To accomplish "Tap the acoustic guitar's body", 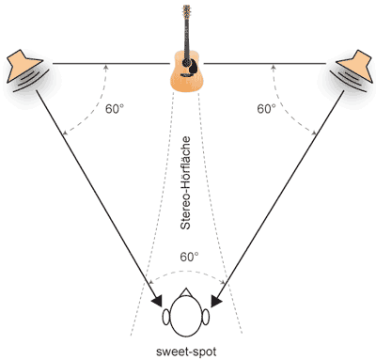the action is point(187,72).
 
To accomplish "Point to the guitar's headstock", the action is point(186,11).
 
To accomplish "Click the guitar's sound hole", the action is point(187,62).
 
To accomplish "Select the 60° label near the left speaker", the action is point(115,109).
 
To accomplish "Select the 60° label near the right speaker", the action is point(266,109).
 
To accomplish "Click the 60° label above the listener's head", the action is point(189,257).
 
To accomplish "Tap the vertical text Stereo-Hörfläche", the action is point(185,183).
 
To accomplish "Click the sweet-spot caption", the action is point(186,352).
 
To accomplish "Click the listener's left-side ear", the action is point(166,317).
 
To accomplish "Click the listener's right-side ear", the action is point(206,317).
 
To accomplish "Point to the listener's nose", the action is point(186,292).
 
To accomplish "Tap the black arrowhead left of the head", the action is point(157,301).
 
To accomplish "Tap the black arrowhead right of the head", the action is point(216,301).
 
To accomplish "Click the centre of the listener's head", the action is point(186,317).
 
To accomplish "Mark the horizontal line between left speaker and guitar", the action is point(111,64).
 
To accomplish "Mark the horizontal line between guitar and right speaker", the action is point(265,64).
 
